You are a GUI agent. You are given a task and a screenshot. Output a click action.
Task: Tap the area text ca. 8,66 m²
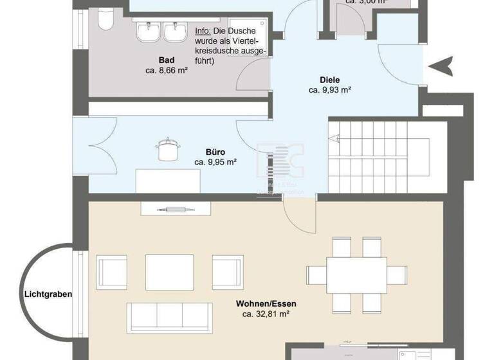[x=166, y=71]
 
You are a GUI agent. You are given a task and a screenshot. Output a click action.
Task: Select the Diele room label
[x=329, y=80]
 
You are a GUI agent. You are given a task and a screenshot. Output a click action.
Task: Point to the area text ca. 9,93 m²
[x=329, y=91]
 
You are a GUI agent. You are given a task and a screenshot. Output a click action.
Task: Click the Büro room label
[x=215, y=152]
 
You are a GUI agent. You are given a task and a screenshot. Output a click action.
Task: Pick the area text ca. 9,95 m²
[x=215, y=163]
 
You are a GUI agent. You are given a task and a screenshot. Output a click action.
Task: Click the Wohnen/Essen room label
[x=266, y=304]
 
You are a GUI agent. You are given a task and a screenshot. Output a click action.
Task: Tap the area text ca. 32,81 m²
[x=266, y=314]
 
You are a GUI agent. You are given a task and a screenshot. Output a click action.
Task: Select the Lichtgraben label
[x=48, y=294]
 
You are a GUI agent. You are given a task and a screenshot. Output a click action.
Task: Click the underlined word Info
[x=203, y=31]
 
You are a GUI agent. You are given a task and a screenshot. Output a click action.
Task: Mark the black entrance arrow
[x=444, y=65]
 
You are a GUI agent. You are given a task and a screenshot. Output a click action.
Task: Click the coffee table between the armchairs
[x=170, y=269]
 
